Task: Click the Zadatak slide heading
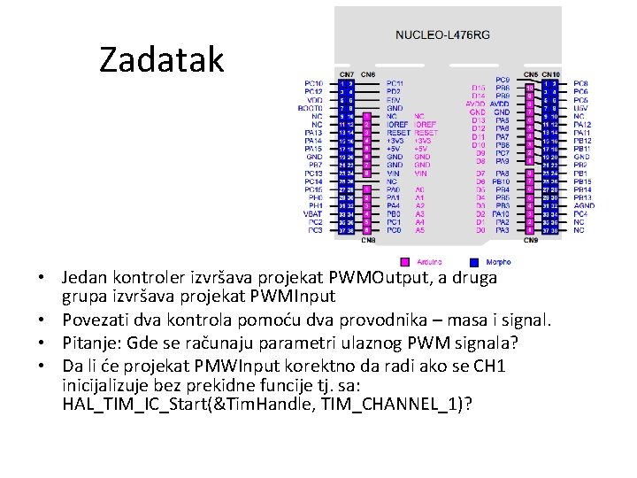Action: (x=162, y=59)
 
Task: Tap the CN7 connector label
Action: (x=346, y=73)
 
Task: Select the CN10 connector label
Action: (x=549, y=73)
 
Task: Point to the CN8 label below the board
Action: (x=369, y=240)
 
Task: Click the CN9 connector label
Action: (x=530, y=240)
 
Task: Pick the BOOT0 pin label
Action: (x=312, y=107)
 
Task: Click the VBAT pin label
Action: (x=313, y=213)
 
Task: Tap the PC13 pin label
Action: (x=313, y=173)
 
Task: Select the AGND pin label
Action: (x=584, y=205)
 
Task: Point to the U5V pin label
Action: (x=579, y=107)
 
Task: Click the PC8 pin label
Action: (x=579, y=82)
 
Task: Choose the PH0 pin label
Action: (x=315, y=197)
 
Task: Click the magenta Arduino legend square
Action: (x=404, y=262)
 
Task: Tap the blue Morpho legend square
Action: (x=473, y=262)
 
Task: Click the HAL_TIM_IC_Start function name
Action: (x=138, y=404)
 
